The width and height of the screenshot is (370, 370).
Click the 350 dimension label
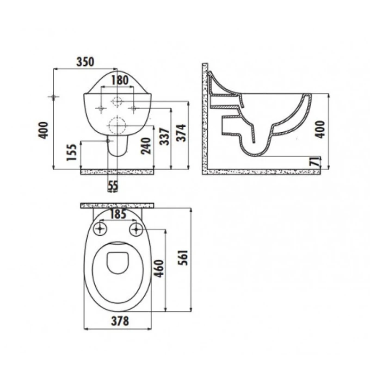click(85, 62)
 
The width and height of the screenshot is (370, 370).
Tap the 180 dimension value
click(120, 80)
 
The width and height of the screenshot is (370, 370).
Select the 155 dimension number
click(72, 152)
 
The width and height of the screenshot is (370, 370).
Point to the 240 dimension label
click(146, 146)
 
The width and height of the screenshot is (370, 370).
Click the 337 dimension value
click(165, 136)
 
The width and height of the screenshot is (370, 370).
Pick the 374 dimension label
click(181, 133)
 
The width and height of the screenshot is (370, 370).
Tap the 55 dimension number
click(113, 186)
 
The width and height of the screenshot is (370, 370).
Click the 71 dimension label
click(315, 162)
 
